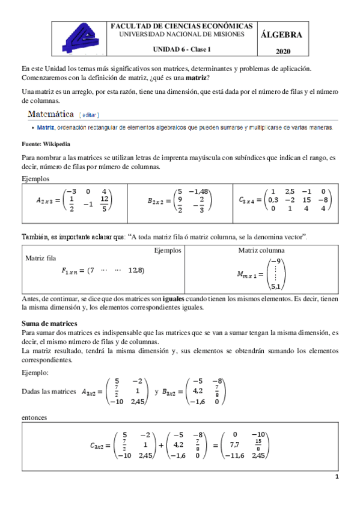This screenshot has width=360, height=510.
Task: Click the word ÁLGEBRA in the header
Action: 282,35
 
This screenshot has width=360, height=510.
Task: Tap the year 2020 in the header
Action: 282,52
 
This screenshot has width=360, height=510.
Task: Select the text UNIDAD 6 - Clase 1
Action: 182,50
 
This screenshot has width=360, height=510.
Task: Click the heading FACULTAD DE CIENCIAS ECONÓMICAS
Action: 182,27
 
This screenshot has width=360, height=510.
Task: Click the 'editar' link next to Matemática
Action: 88,114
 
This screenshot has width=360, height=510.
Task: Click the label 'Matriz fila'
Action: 41,258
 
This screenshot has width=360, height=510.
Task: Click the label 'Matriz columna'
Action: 261,250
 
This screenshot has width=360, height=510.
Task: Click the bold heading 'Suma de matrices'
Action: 48,323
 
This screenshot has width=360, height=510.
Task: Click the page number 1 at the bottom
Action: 337,478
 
